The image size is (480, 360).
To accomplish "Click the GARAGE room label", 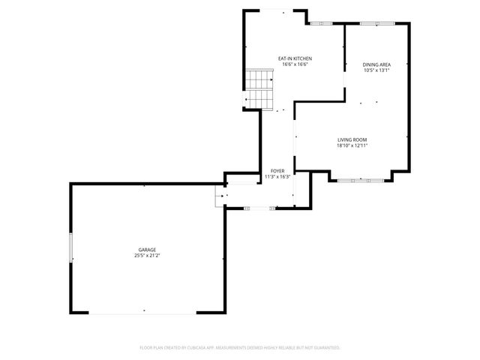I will tap(146, 250).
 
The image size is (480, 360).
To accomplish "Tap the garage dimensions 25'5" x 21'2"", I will tap(146, 255).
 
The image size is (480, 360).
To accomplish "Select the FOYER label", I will tap(277, 172).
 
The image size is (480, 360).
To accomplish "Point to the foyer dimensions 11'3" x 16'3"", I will tap(277, 177).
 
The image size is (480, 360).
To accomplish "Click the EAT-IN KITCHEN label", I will tap(295, 58).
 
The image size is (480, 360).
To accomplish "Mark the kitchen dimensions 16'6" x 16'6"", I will tap(295, 64).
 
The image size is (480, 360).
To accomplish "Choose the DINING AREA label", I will tap(376, 64).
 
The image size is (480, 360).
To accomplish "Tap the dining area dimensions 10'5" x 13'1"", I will tap(376, 70).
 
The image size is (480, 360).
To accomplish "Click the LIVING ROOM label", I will tap(352, 139).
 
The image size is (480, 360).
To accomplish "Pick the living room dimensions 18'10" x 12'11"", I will tap(352, 145).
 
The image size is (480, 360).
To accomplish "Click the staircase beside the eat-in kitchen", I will tap(259, 88).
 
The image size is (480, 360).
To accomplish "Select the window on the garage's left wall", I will tap(71, 247).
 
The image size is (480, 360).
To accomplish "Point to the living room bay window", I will tap(360, 180).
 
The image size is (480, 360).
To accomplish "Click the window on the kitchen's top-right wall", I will tap(321, 23).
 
